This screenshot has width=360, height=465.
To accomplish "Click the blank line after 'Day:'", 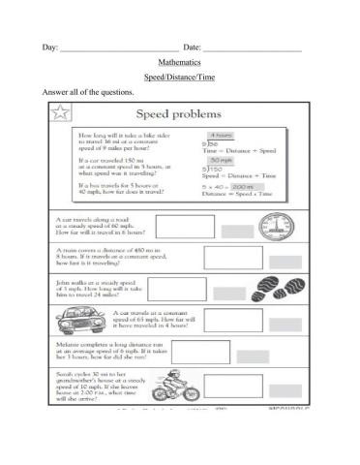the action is click(x=119, y=48).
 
